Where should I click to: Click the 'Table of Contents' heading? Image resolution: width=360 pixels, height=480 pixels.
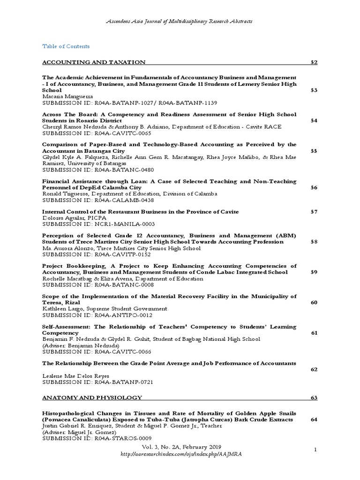tap(66, 46)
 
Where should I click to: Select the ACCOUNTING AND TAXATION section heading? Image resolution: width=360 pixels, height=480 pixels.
tap(94, 62)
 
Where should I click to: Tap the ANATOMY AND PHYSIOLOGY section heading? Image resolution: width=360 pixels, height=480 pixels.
tap(92, 398)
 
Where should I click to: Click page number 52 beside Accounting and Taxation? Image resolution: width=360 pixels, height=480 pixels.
tap(314, 62)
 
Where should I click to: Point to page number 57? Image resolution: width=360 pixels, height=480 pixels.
tap(314, 212)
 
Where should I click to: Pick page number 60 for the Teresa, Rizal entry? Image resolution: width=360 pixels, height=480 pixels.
tap(314, 303)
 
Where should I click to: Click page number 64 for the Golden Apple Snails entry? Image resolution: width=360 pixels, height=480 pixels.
tap(314, 420)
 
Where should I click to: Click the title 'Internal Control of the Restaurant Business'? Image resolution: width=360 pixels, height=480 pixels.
tap(140, 212)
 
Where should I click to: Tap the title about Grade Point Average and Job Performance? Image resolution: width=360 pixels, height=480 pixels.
tap(169, 364)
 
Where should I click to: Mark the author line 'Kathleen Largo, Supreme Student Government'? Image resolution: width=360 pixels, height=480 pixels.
tap(105, 309)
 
